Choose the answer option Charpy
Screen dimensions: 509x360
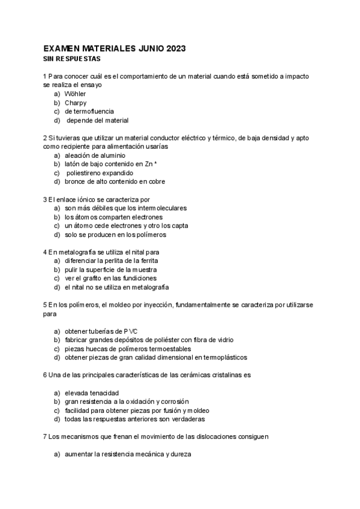coord(76,103)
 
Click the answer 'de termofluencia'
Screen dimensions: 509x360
coord(89,111)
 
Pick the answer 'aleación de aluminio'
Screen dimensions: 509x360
coord(95,155)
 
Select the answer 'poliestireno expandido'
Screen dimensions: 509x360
coord(100,172)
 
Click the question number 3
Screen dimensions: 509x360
coord(45,199)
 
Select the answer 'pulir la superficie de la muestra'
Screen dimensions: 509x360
coord(114,270)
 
